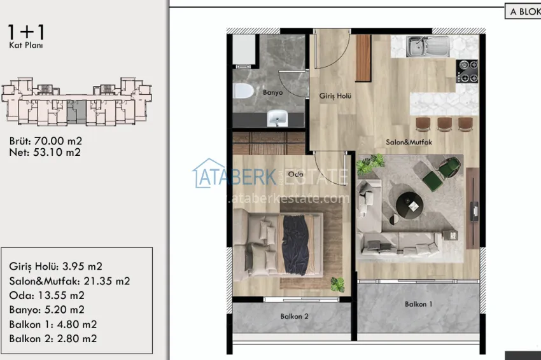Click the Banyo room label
point(272,92)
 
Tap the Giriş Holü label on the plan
point(335,96)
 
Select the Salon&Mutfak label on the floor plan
point(409,142)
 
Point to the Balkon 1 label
point(418,304)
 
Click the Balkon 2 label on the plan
point(294,316)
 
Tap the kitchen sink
point(428,45)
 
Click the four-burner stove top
point(468,71)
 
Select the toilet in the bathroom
point(242,92)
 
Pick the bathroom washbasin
point(277,118)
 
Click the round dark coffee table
point(409,204)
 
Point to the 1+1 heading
point(27,32)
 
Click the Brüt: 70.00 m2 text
point(46,141)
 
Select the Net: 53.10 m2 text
point(45,152)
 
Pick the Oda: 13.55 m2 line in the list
point(47,295)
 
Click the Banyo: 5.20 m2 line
point(47,310)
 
